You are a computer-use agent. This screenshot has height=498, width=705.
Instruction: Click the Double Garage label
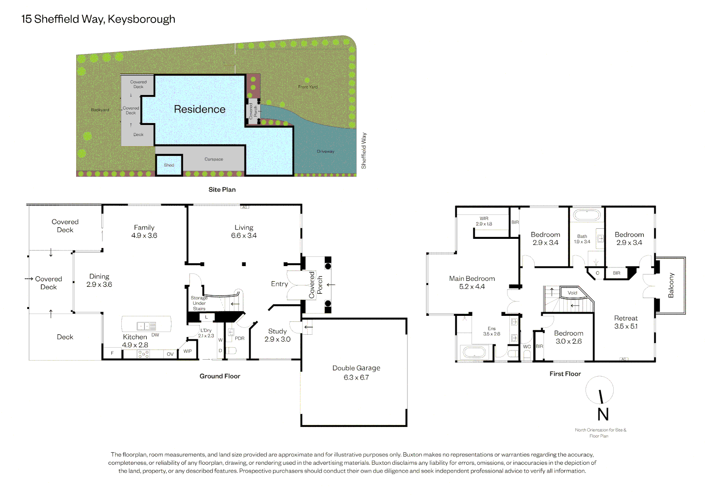coord(356,368)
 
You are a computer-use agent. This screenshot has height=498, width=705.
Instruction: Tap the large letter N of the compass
coord(603,415)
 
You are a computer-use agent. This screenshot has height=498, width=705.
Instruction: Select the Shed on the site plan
coord(169,165)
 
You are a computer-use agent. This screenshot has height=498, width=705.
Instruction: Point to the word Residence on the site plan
coord(199,109)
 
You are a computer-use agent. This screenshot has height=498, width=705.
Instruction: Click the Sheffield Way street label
coord(364,151)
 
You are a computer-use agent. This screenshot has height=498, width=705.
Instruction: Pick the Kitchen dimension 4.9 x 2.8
coord(135,345)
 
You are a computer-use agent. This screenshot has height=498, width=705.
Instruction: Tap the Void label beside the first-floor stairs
coord(572,293)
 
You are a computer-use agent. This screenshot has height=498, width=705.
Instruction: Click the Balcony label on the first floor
coord(671,285)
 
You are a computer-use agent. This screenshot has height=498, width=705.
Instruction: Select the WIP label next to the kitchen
coord(188,351)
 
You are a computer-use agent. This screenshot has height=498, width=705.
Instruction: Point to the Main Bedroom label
coord(472,279)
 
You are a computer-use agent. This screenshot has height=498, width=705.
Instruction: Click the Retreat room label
coord(626,318)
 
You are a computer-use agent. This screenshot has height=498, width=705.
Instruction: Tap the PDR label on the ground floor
coord(239,338)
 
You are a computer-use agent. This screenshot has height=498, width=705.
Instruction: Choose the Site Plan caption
coord(222,190)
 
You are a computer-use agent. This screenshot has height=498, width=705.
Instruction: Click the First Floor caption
coord(565,374)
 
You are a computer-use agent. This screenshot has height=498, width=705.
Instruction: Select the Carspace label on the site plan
coord(214,159)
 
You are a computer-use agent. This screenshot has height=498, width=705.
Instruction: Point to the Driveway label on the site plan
coord(325,151)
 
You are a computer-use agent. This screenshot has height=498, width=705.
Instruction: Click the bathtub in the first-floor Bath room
coord(587,215)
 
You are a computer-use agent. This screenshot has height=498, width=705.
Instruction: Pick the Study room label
coord(277,331)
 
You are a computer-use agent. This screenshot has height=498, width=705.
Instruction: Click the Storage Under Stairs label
coord(199,303)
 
